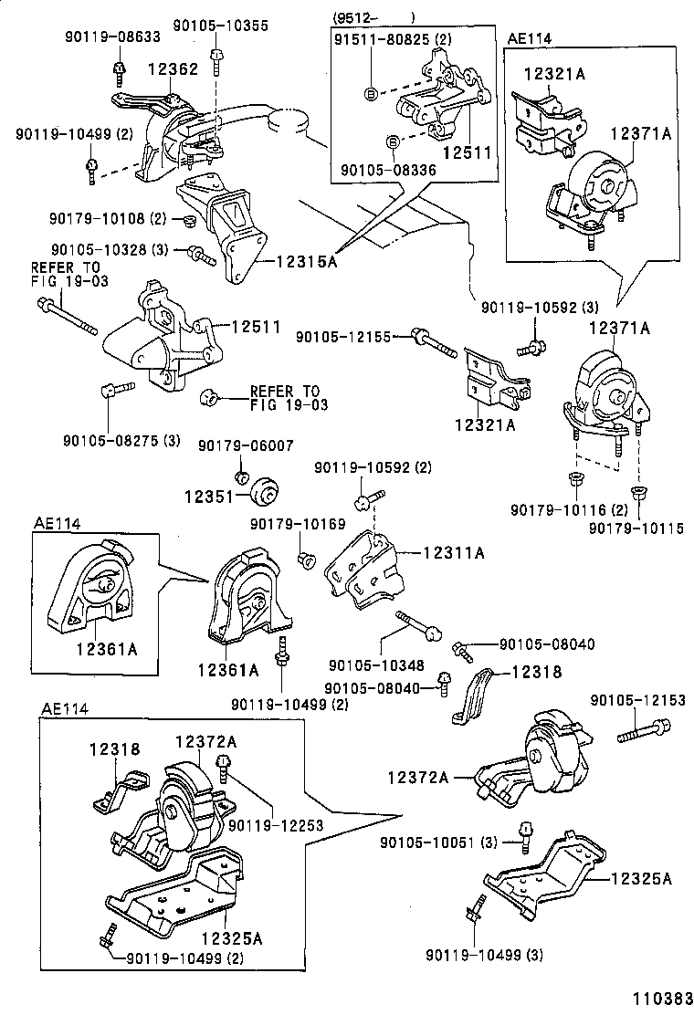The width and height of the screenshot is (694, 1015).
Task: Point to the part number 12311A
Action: point(453,552)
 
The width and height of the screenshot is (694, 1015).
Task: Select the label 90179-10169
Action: point(298,524)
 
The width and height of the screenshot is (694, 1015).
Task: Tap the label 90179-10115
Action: point(636,528)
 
